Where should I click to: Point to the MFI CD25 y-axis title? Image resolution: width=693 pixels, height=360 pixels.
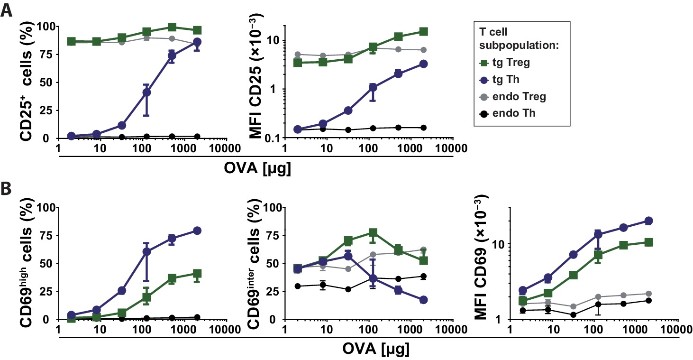[256, 82]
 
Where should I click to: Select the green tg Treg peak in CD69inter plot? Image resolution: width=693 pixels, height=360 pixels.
[373, 233]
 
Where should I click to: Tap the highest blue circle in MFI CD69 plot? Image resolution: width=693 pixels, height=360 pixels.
[648, 221]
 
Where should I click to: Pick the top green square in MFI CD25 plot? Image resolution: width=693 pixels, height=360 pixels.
[423, 32]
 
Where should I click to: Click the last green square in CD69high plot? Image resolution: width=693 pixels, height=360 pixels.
[197, 274]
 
